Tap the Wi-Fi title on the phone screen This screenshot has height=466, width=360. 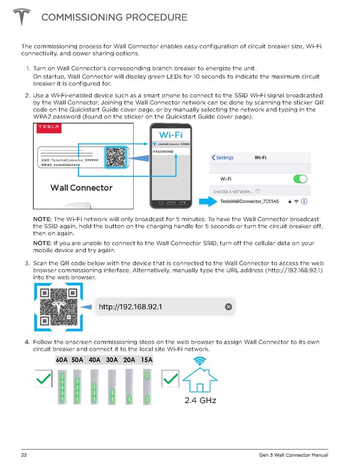pos(172,134)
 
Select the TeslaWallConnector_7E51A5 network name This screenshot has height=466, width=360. pos(249,201)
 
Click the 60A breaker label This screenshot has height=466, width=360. pos(62,360)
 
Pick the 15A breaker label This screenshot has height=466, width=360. pos(147,360)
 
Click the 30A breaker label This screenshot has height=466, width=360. pos(112,360)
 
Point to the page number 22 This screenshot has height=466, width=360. pos(25,454)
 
